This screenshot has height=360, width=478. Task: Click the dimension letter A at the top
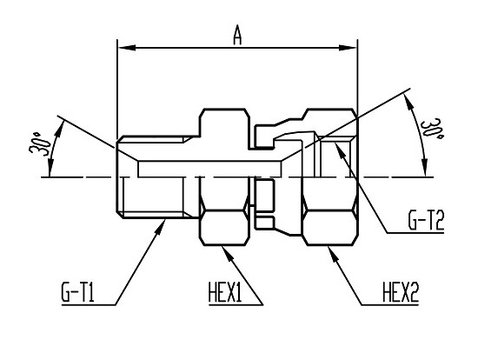[x=237, y=35]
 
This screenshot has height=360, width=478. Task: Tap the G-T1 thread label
[x=77, y=292]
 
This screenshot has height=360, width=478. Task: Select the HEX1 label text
[x=225, y=292]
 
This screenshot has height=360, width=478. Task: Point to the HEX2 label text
[x=401, y=292]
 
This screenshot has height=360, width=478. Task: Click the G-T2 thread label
[x=426, y=220]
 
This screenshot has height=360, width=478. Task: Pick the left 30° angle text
[x=40, y=143]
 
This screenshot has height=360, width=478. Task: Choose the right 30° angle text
[x=432, y=128]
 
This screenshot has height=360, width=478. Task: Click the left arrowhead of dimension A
[x=127, y=48]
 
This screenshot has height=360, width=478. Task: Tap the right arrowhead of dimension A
[x=349, y=48]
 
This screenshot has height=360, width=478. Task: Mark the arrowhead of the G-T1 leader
[x=161, y=226]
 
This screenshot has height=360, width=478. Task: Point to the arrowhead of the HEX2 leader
[x=333, y=253]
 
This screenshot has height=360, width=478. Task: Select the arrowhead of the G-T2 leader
[x=340, y=150]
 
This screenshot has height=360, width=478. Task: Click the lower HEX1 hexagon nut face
[x=223, y=227]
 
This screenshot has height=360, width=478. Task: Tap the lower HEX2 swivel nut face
[x=330, y=227]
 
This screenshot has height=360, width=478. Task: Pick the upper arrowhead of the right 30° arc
[x=408, y=102]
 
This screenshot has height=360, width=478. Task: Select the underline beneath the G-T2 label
[x=415, y=233]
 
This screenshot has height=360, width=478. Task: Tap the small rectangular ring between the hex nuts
[x=264, y=196]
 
